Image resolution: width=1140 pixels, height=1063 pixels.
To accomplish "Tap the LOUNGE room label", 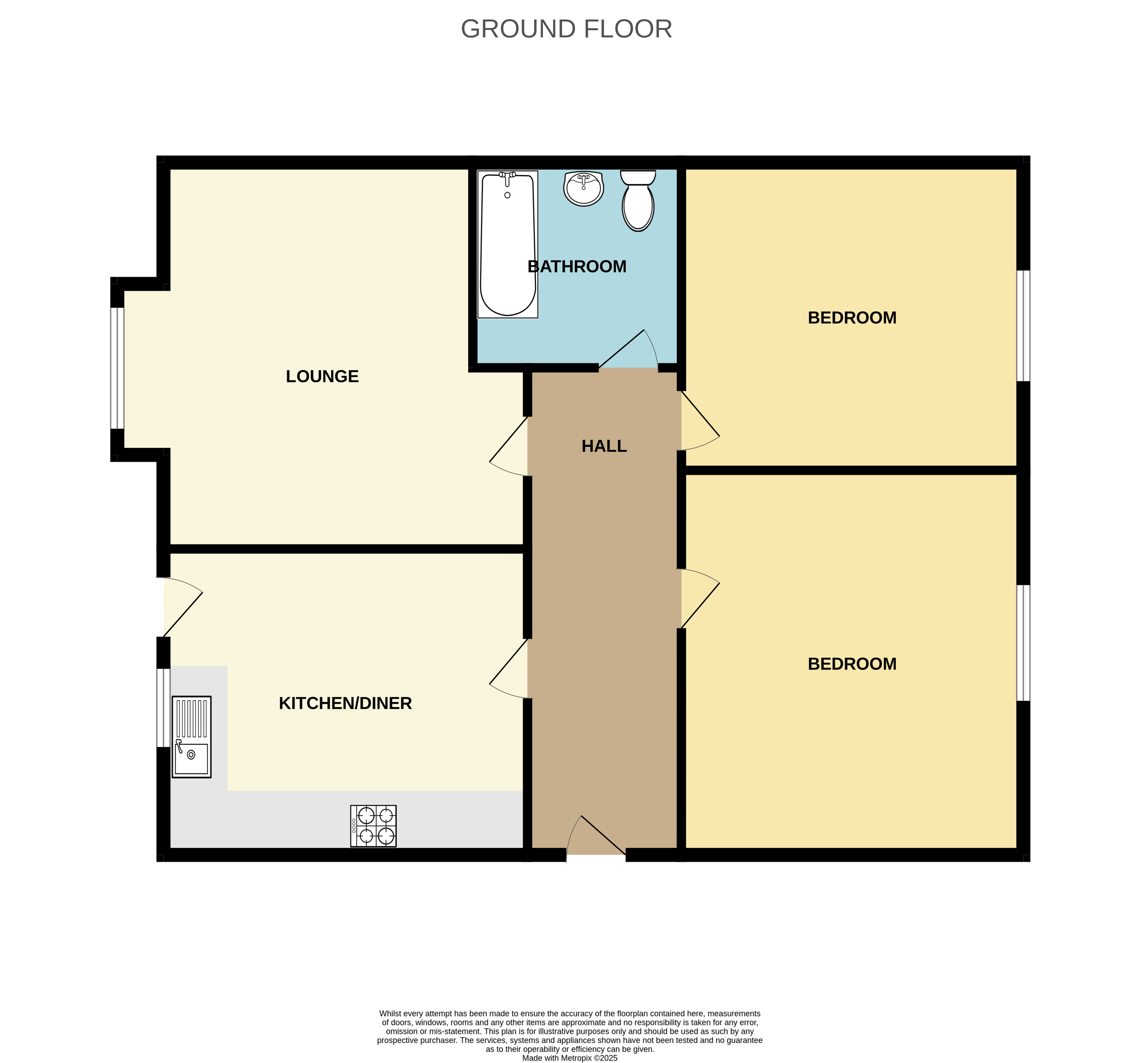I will point(322,376).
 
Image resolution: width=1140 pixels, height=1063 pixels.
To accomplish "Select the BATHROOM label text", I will point(577,266).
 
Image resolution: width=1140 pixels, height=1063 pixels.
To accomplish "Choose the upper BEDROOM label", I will point(852,318).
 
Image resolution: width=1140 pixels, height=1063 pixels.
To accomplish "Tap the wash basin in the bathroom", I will point(583,188).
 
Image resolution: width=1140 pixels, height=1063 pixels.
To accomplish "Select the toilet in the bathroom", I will point(638,201).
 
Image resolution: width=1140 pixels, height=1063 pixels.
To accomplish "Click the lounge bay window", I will point(117,368).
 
